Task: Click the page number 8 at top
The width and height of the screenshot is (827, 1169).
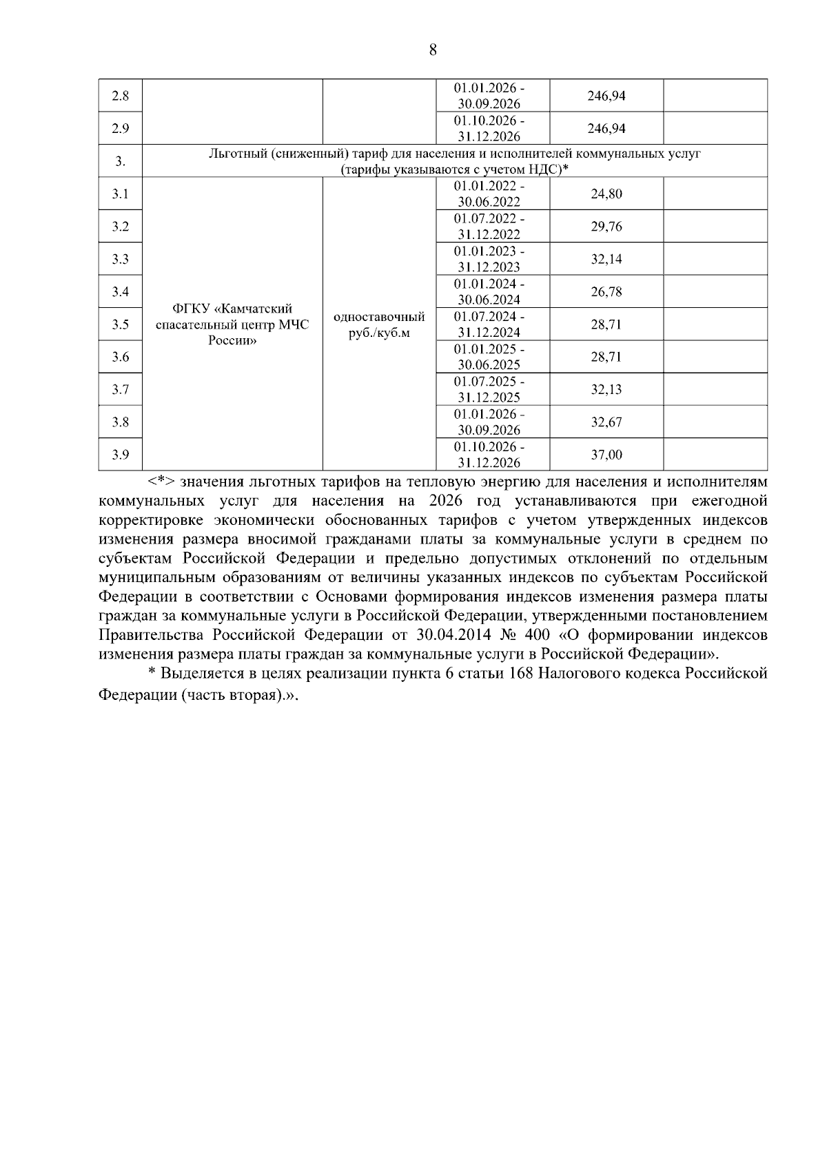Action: (x=433, y=50)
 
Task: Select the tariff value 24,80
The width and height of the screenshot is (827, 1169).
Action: (x=606, y=194)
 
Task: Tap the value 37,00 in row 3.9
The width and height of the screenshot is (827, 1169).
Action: (x=606, y=455)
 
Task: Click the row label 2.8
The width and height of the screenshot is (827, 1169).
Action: (x=121, y=96)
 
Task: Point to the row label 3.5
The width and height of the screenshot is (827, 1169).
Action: (x=121, y=324)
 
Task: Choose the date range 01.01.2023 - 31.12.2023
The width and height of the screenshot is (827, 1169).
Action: (x=489, y=259)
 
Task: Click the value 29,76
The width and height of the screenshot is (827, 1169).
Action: (x=606, y=227)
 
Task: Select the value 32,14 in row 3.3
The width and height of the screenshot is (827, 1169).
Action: (x=606, y=259)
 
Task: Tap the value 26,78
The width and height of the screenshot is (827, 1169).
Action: (x=606, y=292)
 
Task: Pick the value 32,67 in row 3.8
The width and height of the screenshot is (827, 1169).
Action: (x=606, y=422)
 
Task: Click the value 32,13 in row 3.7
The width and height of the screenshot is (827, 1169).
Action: (x=606, y=390)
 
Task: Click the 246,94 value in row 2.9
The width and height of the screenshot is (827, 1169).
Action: (x=606, y=129)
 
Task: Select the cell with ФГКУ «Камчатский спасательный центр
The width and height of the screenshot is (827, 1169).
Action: (x=232, y=324)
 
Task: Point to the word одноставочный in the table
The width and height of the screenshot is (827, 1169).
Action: (x=379, y=318)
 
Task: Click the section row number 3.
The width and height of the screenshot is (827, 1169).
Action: (x=121, y=161)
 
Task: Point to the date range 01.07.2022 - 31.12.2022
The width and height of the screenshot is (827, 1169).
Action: (x=489, y=227)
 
